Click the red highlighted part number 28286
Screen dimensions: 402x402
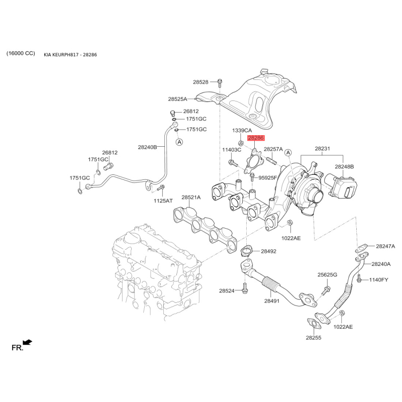tap(255, 138)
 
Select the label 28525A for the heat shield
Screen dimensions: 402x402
tap(177, 99)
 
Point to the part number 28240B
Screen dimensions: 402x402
tap(148, 147)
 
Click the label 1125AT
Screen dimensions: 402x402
tap(163, 201)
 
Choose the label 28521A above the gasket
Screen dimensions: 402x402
tap(191, 197)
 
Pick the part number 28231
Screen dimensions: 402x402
tap(322, 149)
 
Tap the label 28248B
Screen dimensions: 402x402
tap(345, 166)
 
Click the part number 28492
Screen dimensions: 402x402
tap(268, 251)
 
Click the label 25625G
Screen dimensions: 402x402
tap(327, 274)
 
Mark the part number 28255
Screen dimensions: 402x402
tap(313, 338)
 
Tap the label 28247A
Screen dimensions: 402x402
tap(385, 246)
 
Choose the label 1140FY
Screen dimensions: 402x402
tap(379, 279)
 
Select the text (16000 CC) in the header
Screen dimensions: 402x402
tap(21, 53)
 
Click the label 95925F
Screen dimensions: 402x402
tap(268, 177)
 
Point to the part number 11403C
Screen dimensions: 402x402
tap(232, 150)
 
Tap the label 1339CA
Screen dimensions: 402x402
tap(242, 130)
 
